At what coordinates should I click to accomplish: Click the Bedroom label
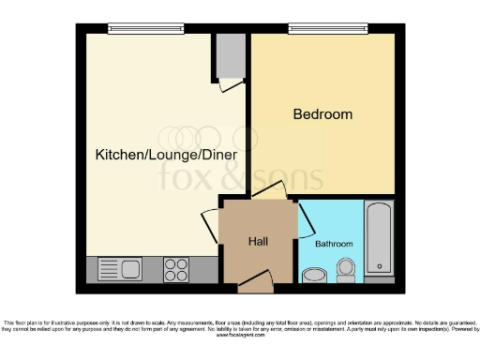point(322,114)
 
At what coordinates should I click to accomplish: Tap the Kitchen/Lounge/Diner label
point(165,153)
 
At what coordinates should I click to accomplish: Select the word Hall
point(259,242)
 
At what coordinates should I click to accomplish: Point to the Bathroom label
point(333,244)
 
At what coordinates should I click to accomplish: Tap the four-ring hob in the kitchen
point(176,269)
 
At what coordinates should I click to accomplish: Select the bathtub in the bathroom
point(380,239)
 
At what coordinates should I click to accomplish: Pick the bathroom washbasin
point(312,275)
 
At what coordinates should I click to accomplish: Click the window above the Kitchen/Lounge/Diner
point(145,29)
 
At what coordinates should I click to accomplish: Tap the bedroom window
point(325,29)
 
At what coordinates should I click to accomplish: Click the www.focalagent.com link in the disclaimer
point(240,335)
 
